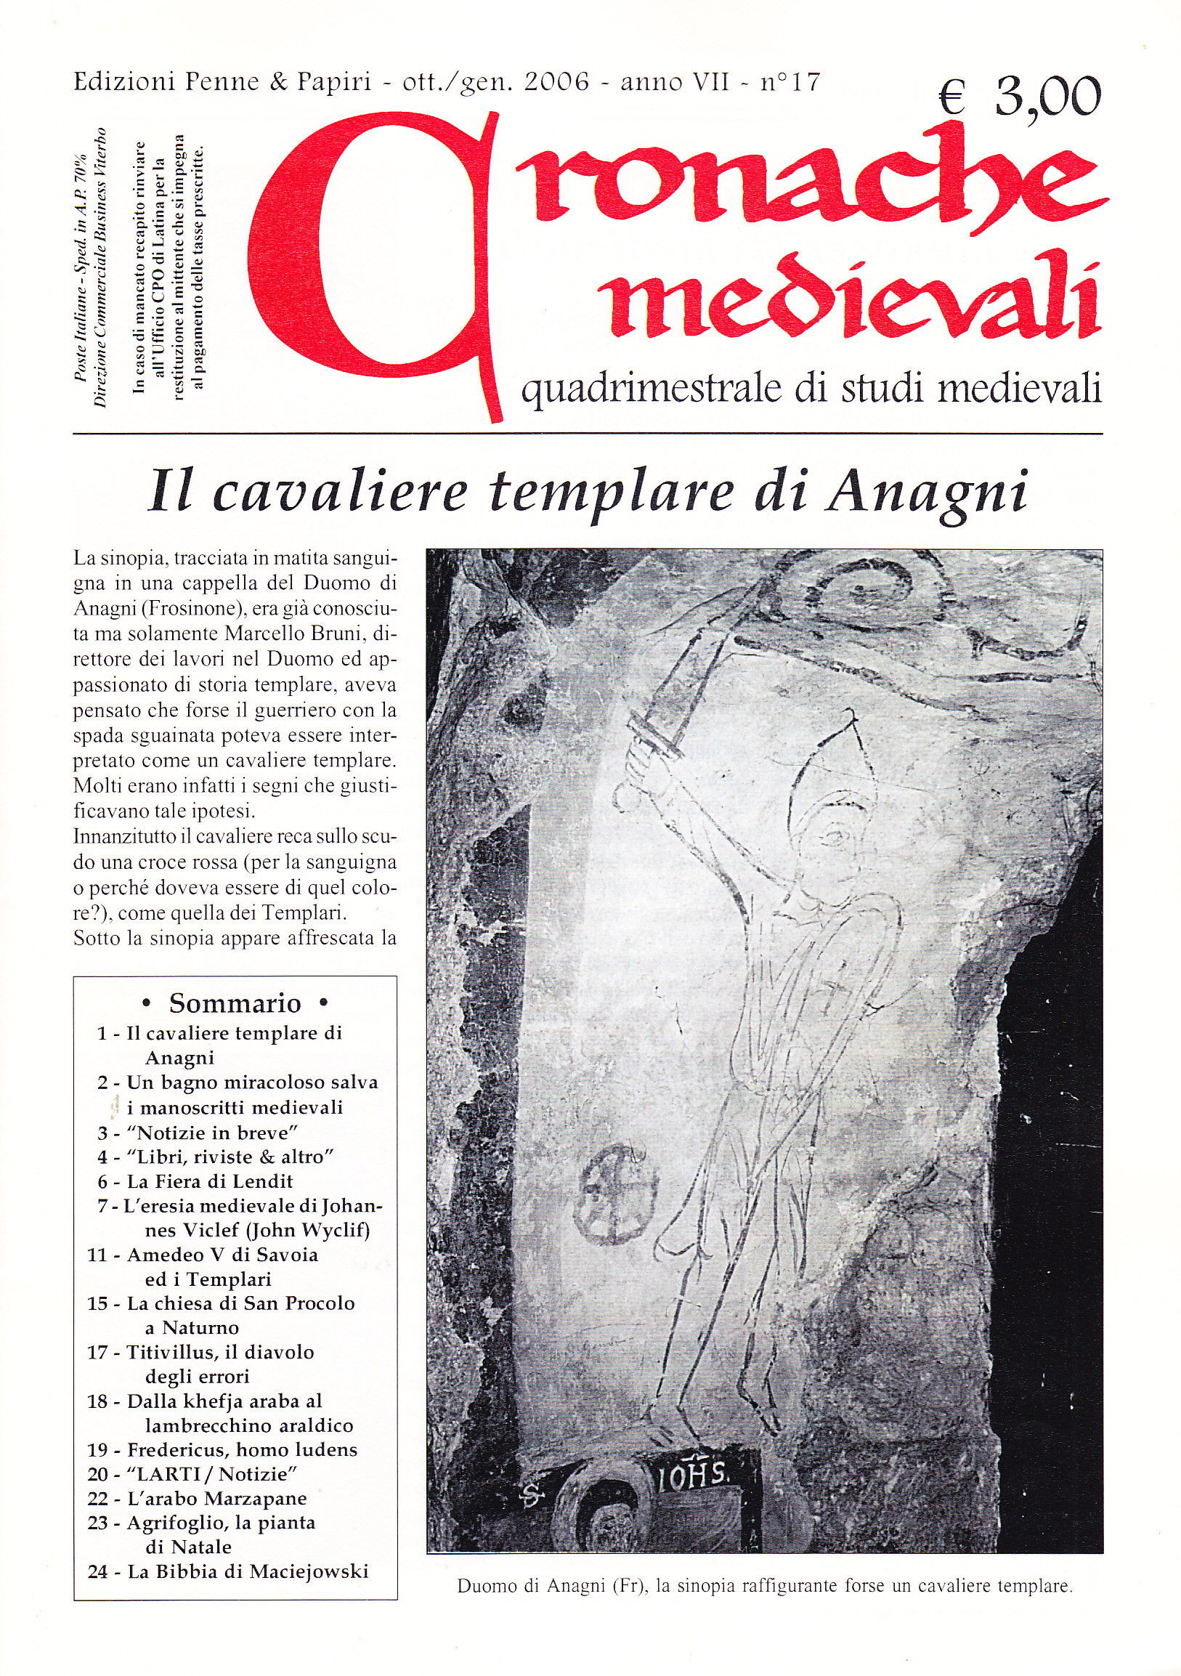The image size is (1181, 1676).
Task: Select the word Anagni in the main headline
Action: click(x=926, y=493)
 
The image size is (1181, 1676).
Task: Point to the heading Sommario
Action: click(x=235, y=1004)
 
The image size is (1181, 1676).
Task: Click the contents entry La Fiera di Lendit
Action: click(x=209, y=1181)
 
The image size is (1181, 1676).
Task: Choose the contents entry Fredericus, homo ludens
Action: click(x=242, y=1450)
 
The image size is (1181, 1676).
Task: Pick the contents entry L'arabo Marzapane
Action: click(x=216, y=1499)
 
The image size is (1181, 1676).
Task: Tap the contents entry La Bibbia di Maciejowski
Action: click(x=248, y=1571)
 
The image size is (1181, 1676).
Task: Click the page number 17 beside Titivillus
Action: click(x=98, y=1352)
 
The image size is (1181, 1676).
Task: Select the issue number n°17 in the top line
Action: click(x=790, y=82)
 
